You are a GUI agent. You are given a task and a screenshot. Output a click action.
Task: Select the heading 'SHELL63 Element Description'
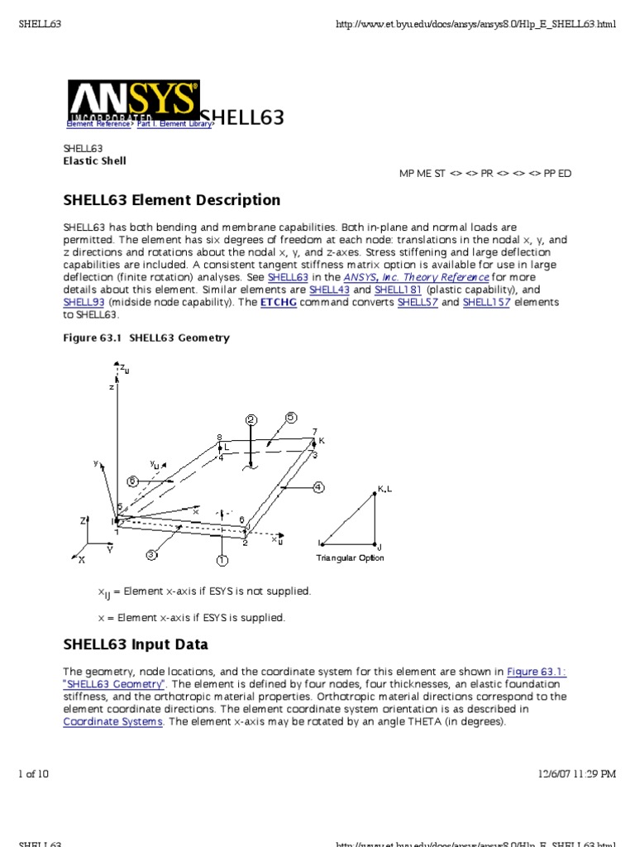coord(172,200)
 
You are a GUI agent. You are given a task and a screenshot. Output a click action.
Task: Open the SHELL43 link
coord(330,290)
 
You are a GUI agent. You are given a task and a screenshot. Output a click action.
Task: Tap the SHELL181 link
coord(398,290)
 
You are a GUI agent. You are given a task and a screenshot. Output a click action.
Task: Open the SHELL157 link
coord(486,303)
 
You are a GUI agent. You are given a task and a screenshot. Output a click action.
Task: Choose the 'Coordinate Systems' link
coord(114,721)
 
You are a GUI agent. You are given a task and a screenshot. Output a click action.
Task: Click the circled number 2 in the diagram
coord(251,419)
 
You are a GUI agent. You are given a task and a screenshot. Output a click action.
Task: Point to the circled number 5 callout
coord(291,418)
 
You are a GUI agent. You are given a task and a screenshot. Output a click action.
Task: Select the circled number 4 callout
coord(317,487)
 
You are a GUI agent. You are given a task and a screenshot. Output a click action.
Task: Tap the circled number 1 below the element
coord(222,561)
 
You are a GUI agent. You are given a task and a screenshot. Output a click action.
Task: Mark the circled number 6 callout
coord(132,481)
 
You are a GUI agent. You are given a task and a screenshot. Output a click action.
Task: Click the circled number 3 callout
coord(152,555)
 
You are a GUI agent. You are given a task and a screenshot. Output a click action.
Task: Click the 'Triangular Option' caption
coord(350,558)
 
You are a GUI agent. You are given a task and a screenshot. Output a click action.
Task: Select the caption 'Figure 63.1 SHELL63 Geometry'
coord(146,338)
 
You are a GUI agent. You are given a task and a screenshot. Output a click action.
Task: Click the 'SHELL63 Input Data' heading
coord(136,644)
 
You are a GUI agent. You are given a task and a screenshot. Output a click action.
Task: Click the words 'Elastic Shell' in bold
coord(95,161)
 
